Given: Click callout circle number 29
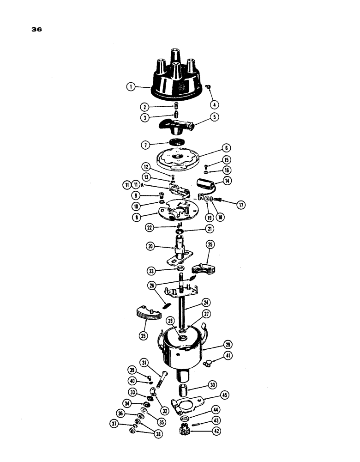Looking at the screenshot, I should pyautogui.click(x=227, y=345).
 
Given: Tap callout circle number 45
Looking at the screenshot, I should pyautogui.click(x=225, y=395).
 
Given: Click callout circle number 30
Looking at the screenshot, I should pyautogui.click(x=212, y=385).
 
